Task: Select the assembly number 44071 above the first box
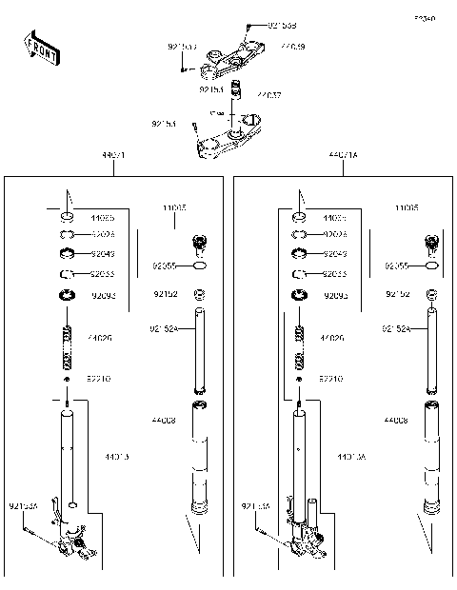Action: [112, 155]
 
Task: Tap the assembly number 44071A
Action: [344, 155]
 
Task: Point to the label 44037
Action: [268, 95]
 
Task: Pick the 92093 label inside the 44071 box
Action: [103, 296]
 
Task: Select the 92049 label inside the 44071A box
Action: [333, 254]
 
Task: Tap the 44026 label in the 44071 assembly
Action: [99, 338]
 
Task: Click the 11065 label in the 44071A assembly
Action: [407, 207]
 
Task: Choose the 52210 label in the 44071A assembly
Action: [332, 378]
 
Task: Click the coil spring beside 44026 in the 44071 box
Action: [68, 348]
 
